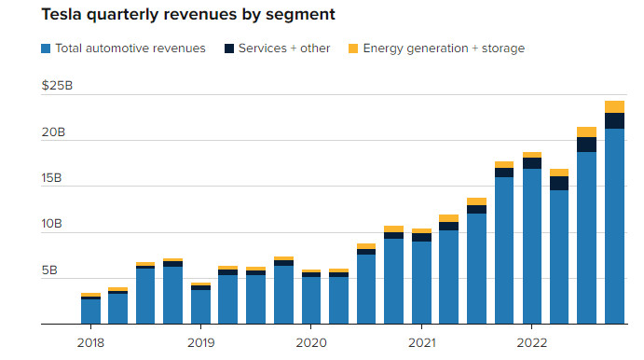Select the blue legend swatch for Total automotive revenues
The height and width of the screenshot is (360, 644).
(x=46, y=48)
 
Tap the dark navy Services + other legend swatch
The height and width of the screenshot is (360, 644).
(x=228, y=48)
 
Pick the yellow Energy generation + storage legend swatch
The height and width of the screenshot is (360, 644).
(x=353, y=48)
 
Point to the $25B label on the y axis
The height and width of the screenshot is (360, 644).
(x=57, y=86)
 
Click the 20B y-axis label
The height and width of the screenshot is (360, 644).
(x=53, y=132)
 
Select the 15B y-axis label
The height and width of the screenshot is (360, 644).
(x=51, y=178)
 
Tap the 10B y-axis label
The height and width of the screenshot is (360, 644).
(x=51, y=224)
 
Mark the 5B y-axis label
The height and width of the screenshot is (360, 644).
(x=49, y=270)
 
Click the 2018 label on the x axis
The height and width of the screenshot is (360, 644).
(x=90, y=342)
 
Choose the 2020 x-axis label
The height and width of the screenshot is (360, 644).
(x=311, y=342)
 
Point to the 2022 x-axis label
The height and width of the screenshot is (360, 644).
(x=532, y=342)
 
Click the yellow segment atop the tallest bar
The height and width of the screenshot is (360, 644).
(x=614, y=107)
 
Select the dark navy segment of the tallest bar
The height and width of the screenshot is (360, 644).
(x=614, y=121)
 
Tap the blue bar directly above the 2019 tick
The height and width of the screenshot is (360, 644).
(x=200, y=307)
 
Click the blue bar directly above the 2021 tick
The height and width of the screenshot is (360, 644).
(x=422, y=283)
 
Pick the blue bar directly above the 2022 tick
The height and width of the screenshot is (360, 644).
(x=532, y=246)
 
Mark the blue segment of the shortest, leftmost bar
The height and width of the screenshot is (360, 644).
(x=90, y=312)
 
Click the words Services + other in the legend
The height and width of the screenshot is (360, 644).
(x=284, y=48)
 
